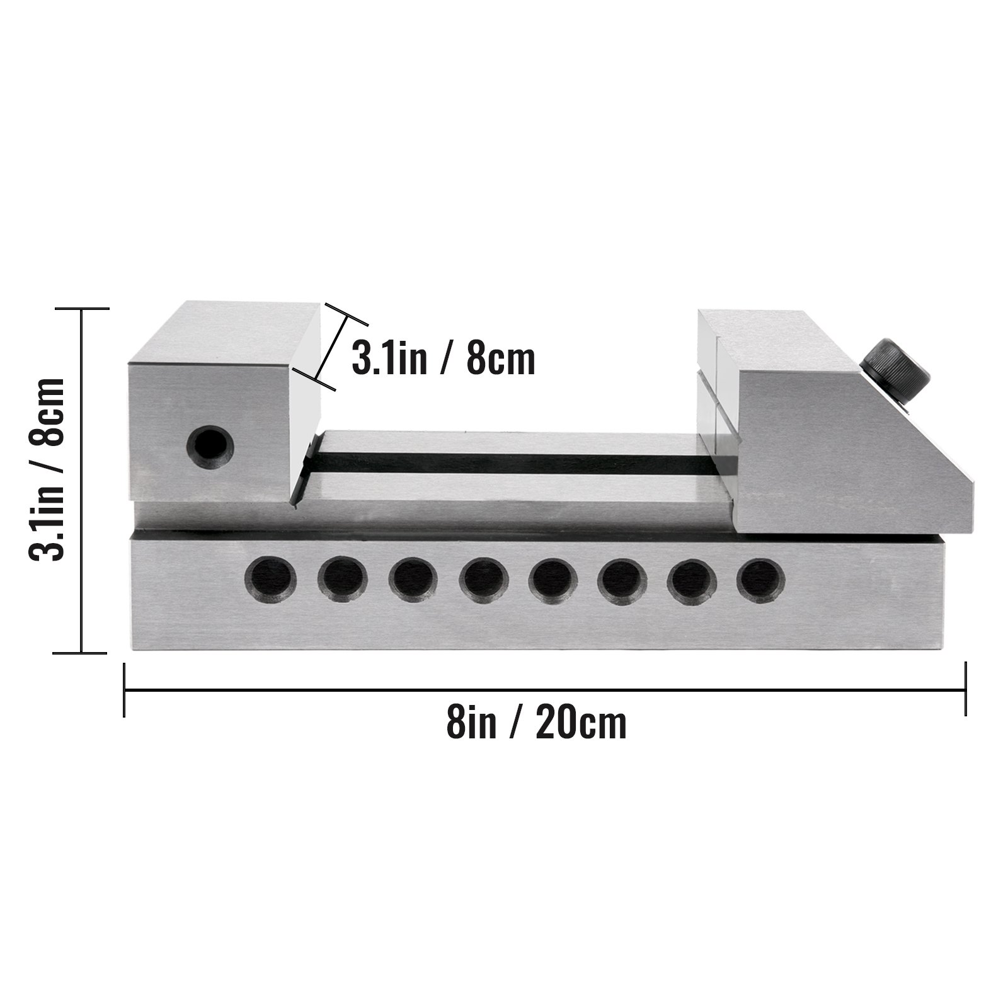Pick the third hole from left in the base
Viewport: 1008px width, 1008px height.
(413, 578)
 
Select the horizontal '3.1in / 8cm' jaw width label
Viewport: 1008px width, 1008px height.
(444, 359)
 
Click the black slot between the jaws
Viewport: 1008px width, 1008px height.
(510, 464)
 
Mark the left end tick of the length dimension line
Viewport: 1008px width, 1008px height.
(125, 690)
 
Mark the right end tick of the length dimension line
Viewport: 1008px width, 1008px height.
(965, 690)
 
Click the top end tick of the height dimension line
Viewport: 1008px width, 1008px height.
(82, 309)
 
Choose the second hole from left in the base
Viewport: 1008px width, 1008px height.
(342, 578)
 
